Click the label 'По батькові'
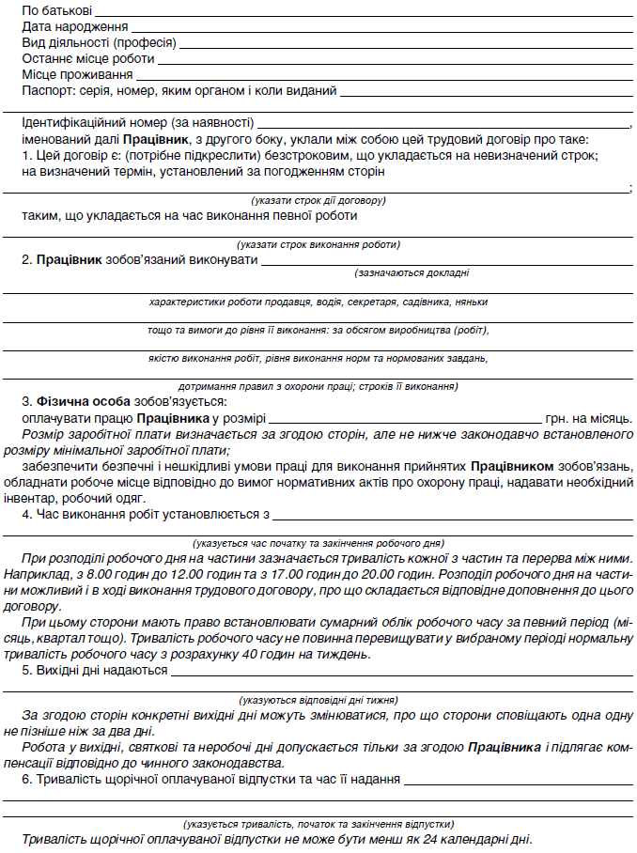57,10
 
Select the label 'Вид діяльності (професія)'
99,43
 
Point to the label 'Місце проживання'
77,75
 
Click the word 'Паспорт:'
47,91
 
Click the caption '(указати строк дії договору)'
318,200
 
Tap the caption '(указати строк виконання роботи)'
318,244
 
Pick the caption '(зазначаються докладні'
412,272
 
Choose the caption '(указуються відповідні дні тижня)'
318,699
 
